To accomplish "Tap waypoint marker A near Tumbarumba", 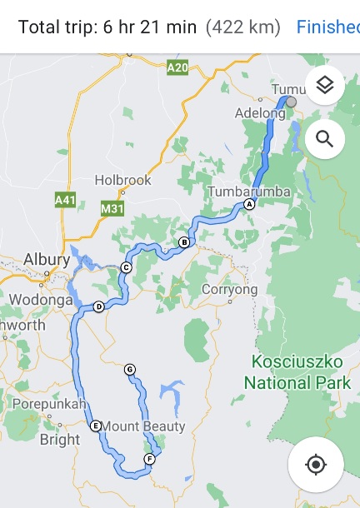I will pyautogui.click(x=248, y=204).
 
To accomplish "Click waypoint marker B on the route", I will pyautogui.click(x=184, y=242).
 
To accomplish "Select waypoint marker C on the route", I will pyautogui.click(x=126, y=267).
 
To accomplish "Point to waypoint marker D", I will pyautogui.click(x=98, y=306).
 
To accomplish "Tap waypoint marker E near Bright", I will pyautogui.click(x=96, y=426).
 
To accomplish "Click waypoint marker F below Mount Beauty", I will pyautogui.click(x=149, y=459).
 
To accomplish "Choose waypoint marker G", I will pyautogui.click(x=129, y=369).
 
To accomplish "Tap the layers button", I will pyautogui.click(x=324, y=85).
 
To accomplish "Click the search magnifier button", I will pyautogui.click(x=324, y=139).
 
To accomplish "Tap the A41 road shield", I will pyautogui.click(x=65, y=201).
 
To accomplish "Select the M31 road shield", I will pyautogui.click(x=111, y=209).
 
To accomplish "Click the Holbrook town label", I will pyautogui.click(x=122, y=180).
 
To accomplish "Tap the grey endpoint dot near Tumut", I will pyautogui.click(x=291, y=102).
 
